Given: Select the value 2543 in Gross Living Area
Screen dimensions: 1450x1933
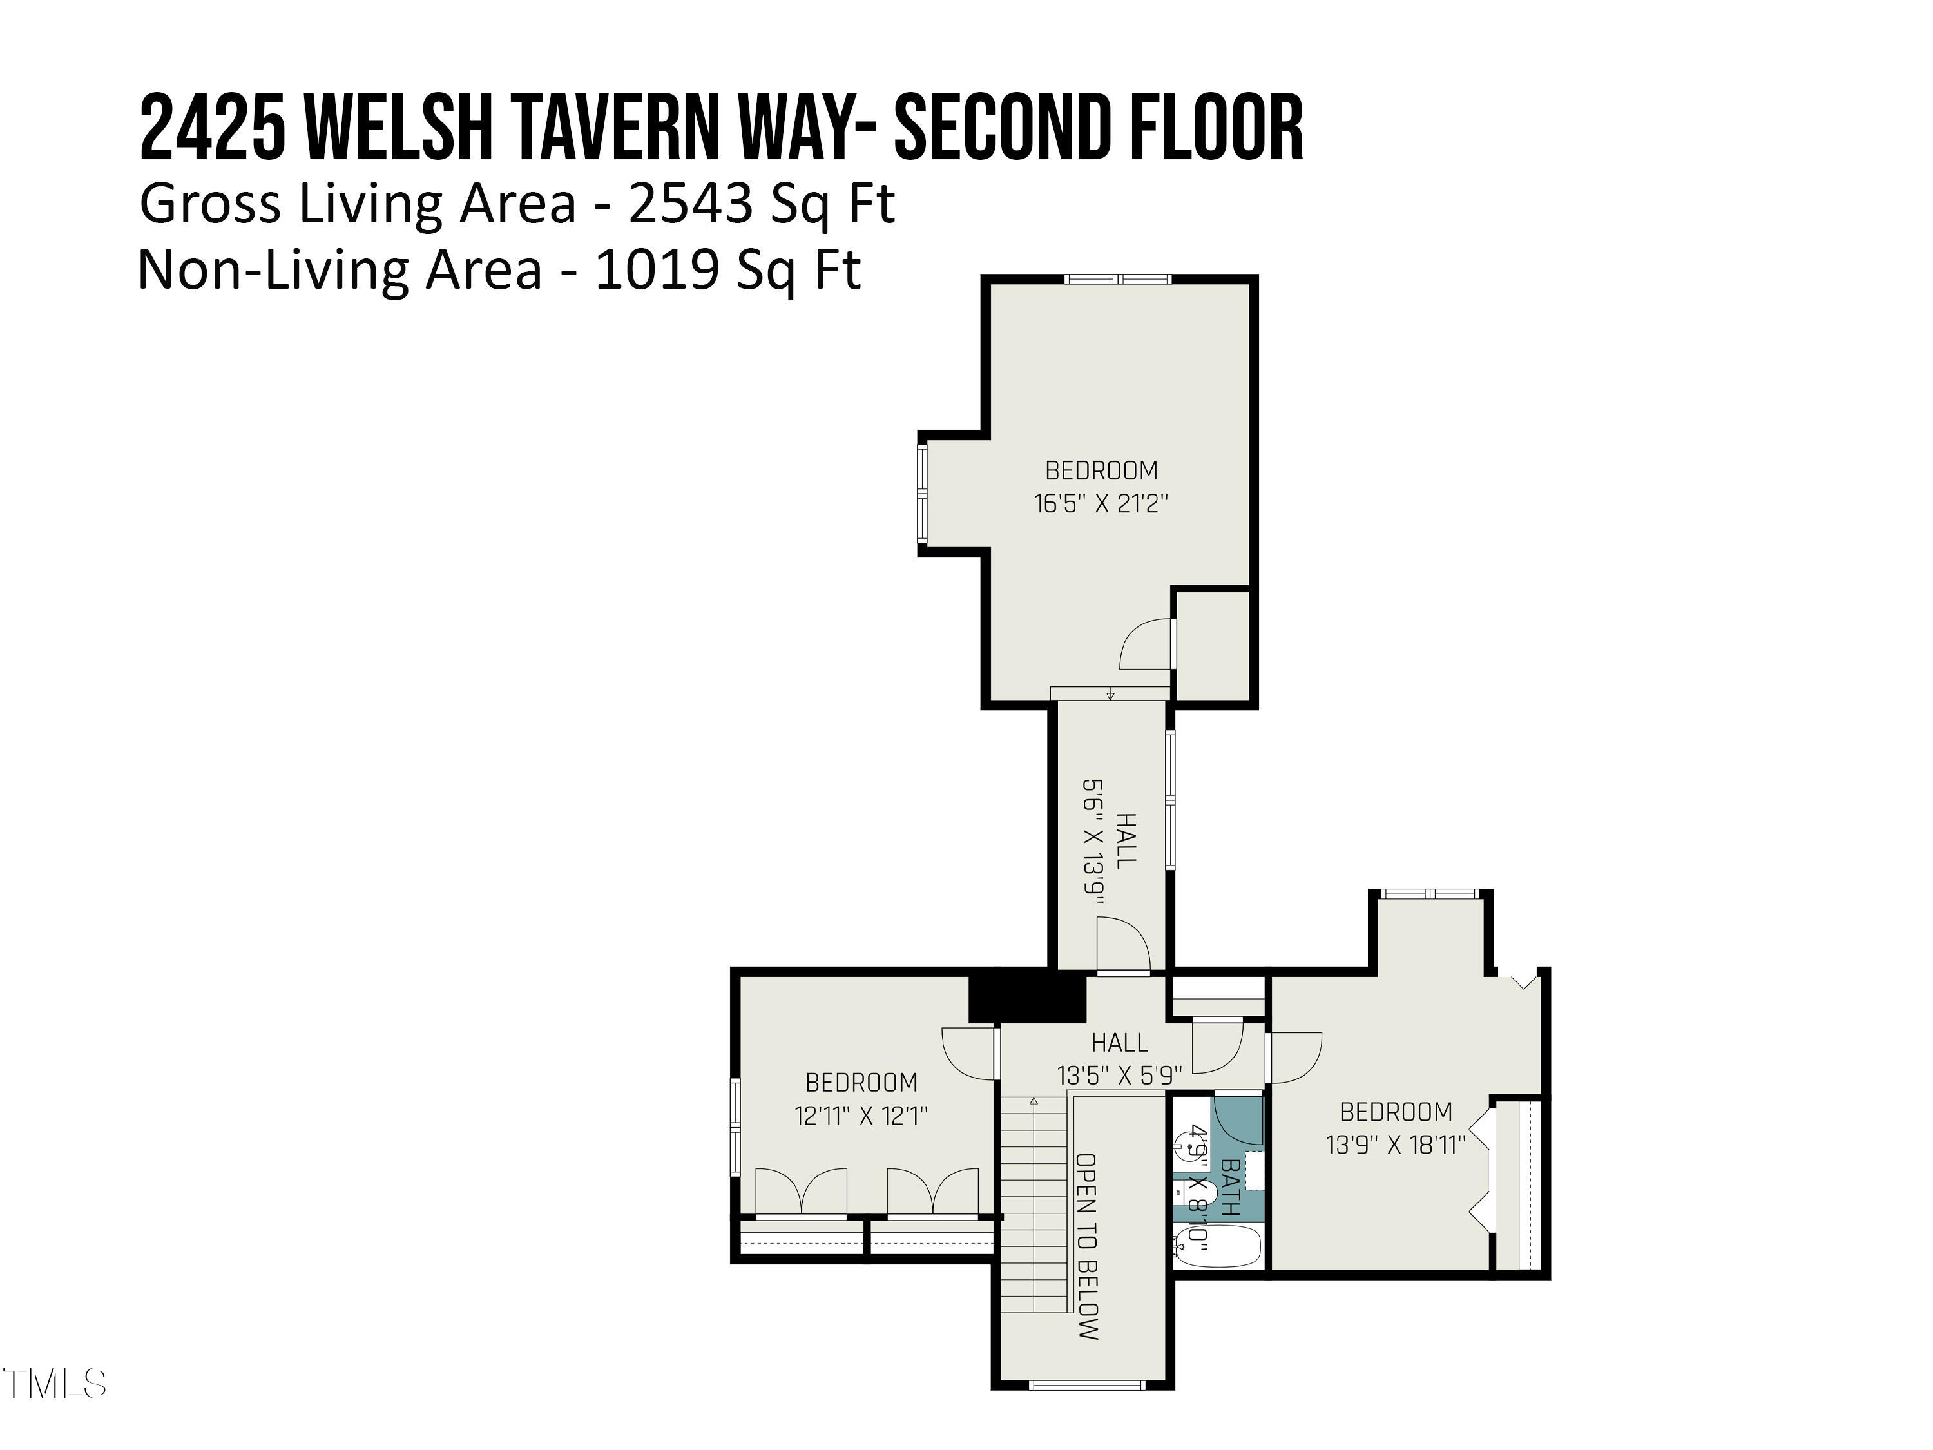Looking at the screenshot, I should [x=690, y=204].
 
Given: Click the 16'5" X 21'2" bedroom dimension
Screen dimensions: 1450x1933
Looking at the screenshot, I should [x=1101, y=503].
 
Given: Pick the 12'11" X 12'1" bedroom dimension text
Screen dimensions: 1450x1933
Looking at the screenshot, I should [x=861, y=1116].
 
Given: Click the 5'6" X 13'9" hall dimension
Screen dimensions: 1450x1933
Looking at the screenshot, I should [x=1094, y=841].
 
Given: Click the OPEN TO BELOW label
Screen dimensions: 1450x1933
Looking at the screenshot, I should [x=1087, y=1246].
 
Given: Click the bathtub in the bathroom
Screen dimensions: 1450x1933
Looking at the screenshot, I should [x=1217, y=1247].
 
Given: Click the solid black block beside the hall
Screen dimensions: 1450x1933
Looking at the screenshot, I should [x=1028, y=996].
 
